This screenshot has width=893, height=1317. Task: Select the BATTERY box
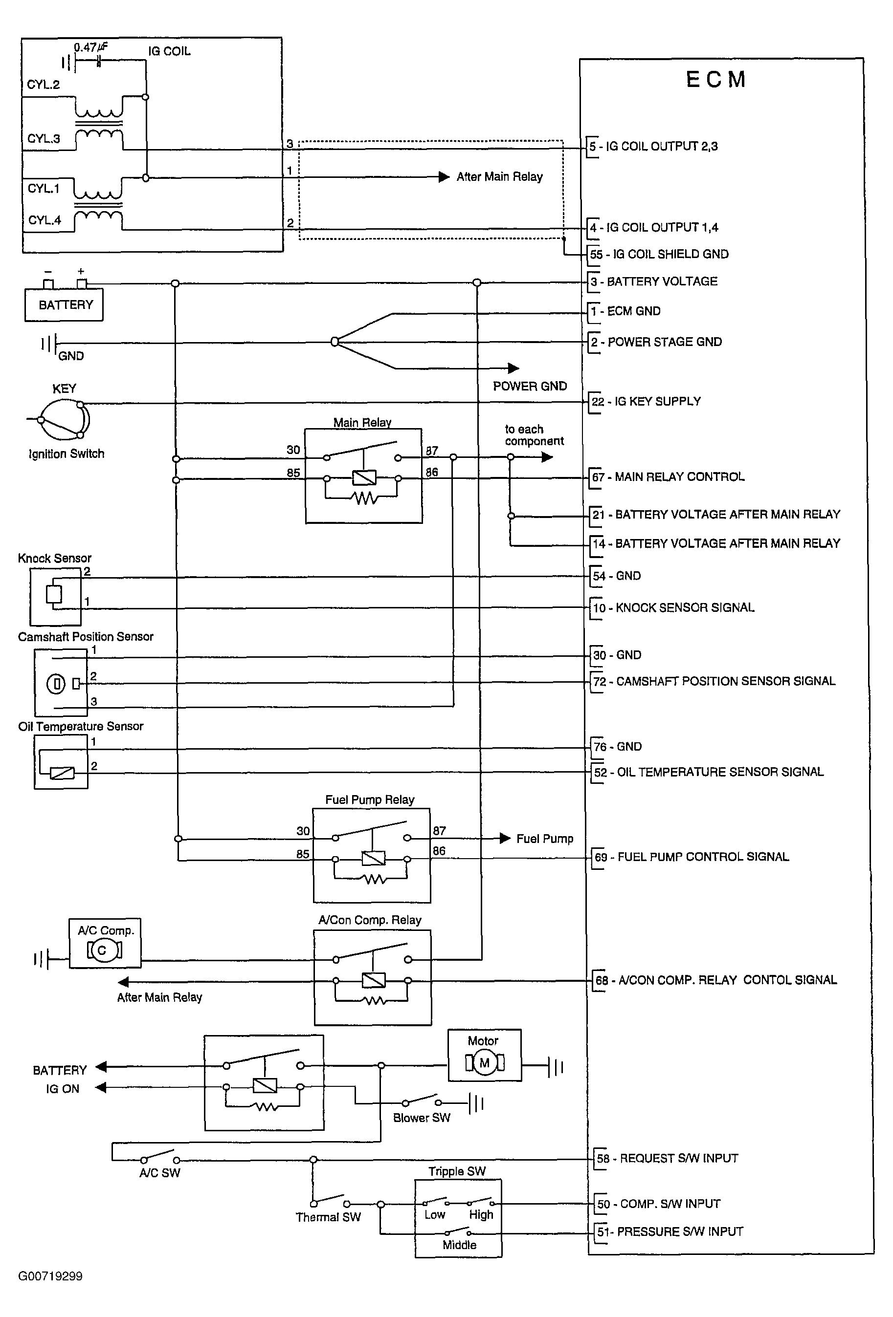64,305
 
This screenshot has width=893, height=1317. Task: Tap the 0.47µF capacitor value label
90,47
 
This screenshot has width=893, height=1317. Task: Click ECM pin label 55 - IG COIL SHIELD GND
659,255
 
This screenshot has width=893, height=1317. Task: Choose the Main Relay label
362,422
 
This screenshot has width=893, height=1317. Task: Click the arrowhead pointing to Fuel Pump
505,838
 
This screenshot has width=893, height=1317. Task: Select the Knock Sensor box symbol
55,597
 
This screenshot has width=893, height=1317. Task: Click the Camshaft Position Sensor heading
86,637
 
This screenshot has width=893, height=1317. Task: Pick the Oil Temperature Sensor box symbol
61,762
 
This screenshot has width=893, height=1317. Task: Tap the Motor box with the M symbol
484,1055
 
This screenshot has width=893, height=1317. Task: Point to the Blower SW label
421,1118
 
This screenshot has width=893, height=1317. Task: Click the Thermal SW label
328,1217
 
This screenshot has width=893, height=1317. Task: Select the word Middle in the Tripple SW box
459,1245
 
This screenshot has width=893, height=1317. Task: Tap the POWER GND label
530,387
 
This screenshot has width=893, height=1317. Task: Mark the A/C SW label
159,1173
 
